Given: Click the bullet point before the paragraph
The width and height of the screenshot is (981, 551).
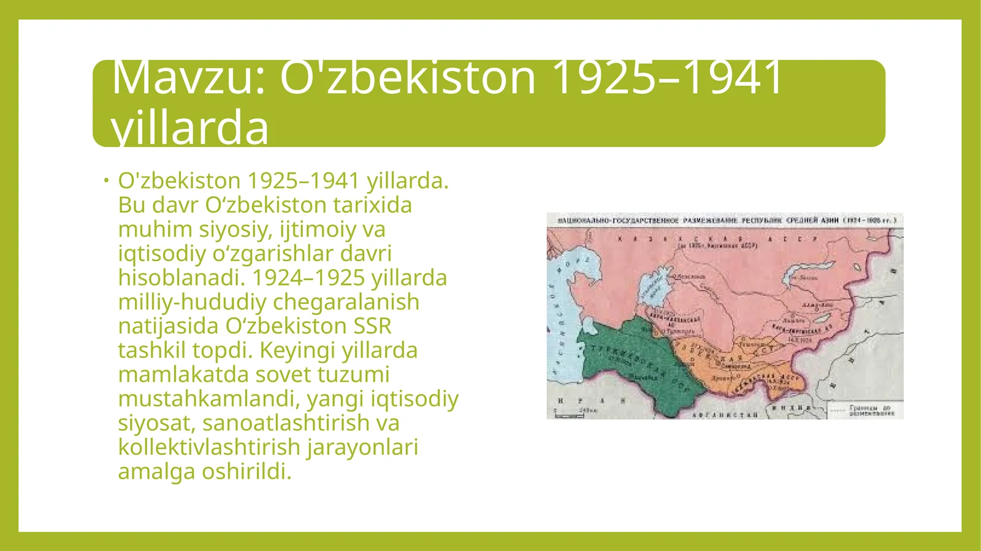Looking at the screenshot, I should (x=105, y=180).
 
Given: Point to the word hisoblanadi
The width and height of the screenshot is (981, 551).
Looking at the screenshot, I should (x=181, y=278).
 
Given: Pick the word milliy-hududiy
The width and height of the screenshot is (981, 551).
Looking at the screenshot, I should (x=193, y=302).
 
